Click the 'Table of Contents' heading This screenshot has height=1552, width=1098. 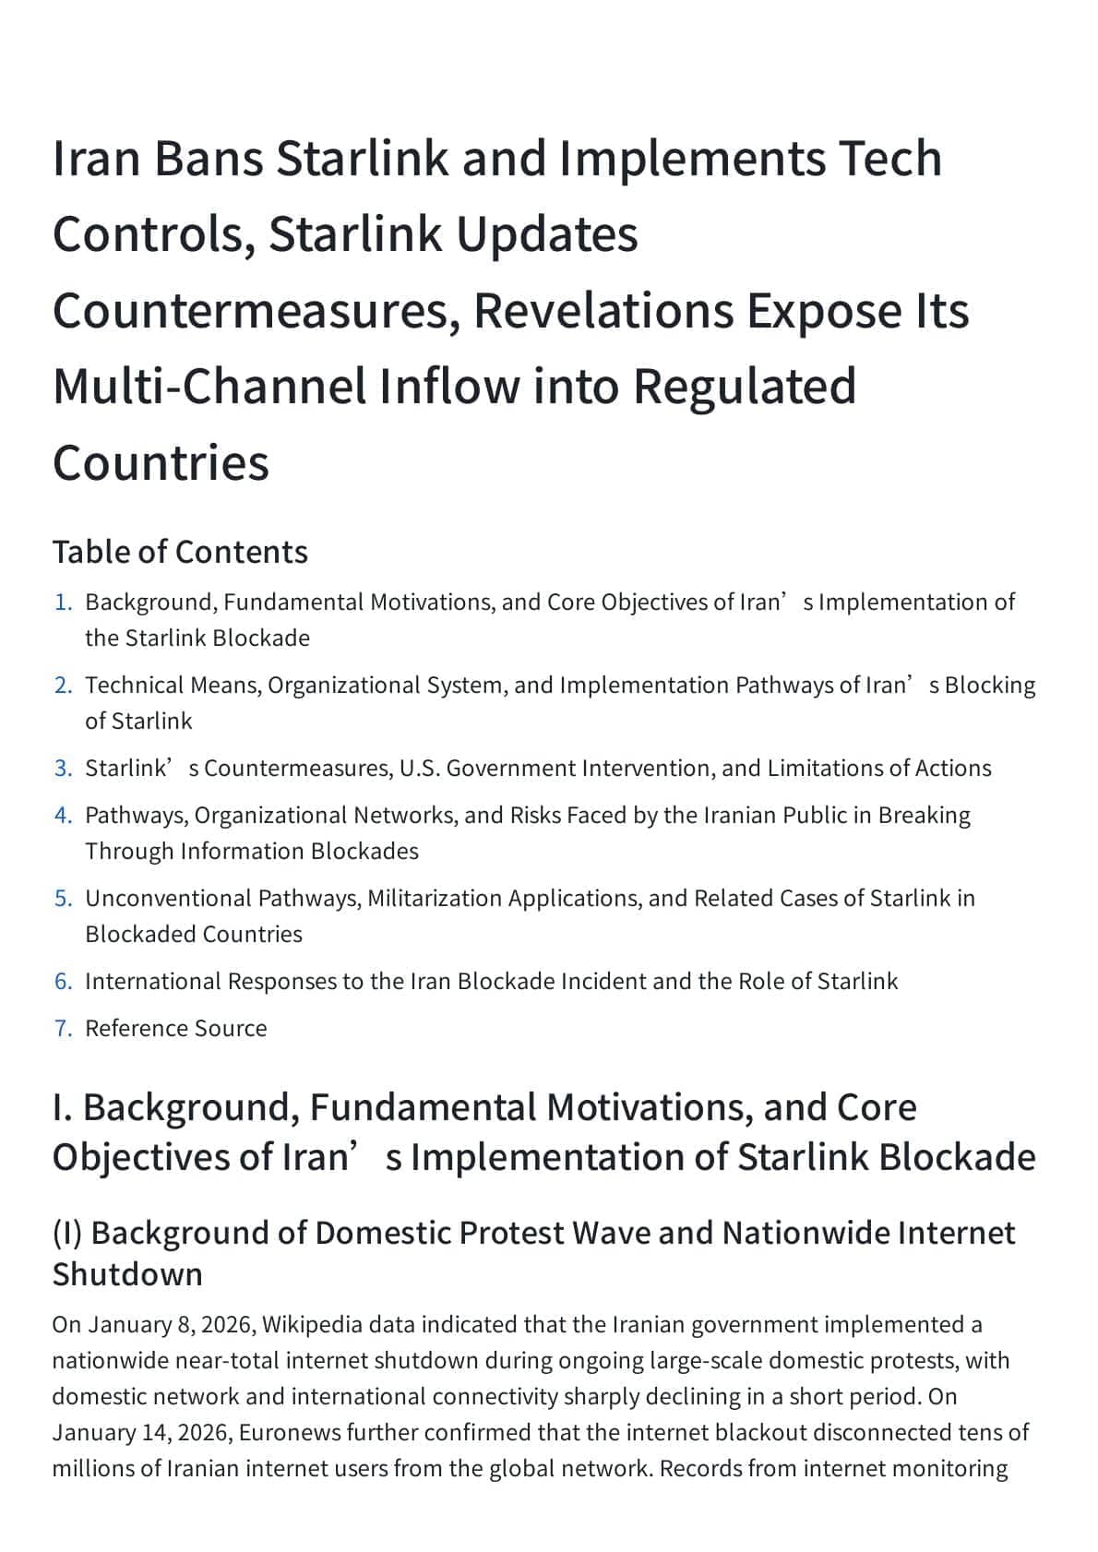[x=180, y=552]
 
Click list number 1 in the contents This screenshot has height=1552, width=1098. [x=63, y=603]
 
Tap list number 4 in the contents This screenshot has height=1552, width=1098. [x=63, y=816]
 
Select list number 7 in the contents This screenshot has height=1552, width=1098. [x=63, y=1029]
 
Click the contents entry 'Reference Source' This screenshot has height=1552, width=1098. [x=175, y=1029]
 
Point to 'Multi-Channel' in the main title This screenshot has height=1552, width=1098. [x=209, y=387]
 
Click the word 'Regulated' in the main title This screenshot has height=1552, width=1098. [x=744, y=387]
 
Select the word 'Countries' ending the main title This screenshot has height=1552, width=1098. [x=161, y=463]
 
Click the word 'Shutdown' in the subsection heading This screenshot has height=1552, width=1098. [x=127, y=1274]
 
